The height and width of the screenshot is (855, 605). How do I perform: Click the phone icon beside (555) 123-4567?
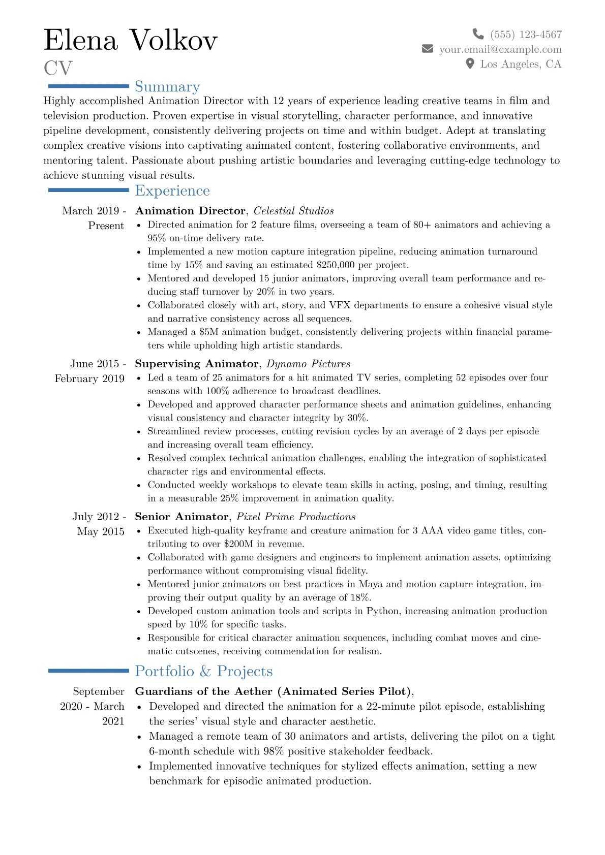coord(478,34)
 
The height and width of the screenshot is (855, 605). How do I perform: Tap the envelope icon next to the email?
coord(428,49)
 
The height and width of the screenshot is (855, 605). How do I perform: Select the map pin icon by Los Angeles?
coord(470,64)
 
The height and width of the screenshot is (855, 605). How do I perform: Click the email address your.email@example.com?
coord(500,49)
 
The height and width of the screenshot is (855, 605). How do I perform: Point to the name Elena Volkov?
coord(131,40)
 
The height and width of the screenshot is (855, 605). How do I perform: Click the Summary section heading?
coord(167,87)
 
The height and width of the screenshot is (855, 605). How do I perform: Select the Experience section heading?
coord(172,191)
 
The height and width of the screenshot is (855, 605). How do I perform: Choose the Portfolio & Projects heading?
coord(204,671)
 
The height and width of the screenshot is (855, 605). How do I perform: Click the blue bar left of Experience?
coord(88,190)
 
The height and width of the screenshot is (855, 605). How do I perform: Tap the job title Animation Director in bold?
coord(190,211)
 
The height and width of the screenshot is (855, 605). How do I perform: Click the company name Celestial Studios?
coord(294,211)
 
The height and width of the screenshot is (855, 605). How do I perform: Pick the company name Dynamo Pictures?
coord(309,364)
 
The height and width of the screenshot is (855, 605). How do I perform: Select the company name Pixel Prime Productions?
coord(296,517)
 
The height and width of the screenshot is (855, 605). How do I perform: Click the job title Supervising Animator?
coord(197,364)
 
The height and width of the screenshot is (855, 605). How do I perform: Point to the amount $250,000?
coord(336,265)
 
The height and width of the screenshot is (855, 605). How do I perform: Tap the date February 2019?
coord(89,378)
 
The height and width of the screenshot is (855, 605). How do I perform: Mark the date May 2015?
coord(101,531)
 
